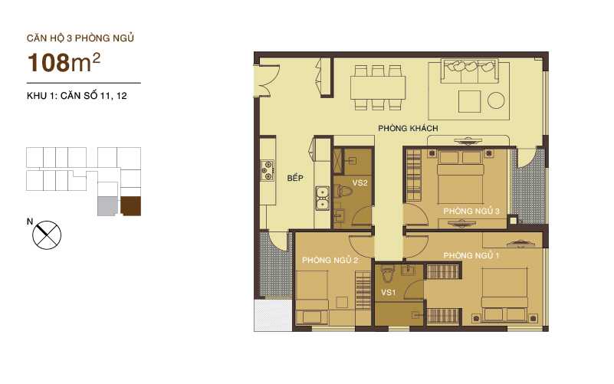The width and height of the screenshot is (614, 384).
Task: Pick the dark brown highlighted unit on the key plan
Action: pyautogui.click(x=131, y=205)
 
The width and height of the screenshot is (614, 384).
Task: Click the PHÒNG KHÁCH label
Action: pyautogui.click(x=407, y=128)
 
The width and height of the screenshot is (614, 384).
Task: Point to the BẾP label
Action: pyautogui.click(x=295, y=178)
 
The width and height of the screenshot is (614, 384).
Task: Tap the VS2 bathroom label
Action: pyautogui.click(x=360, y=183)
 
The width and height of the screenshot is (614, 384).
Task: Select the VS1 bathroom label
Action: pyautogui.click(x=389, y=293)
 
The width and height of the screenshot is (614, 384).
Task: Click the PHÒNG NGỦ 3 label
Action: pyautogui.click(x=471, y=211)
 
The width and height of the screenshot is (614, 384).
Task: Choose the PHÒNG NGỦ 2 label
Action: pyautogui.click(x=330, y=261)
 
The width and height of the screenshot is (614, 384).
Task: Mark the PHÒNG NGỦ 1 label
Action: pyautogui.click(x=471, y=255)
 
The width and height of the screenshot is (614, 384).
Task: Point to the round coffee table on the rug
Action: pyautogui.click(x=496, y=99)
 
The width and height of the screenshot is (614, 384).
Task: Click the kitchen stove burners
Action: pyautogui.click(x=268, y=171)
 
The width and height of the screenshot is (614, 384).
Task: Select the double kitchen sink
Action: pyautogui.click(x=323, y=200)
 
